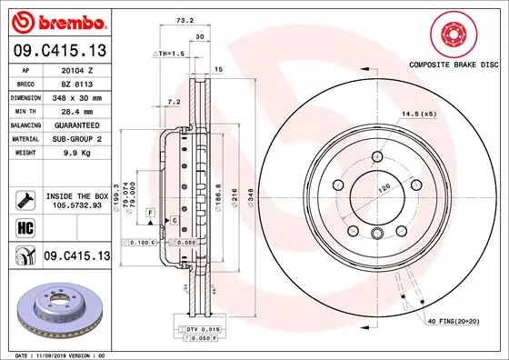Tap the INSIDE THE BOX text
(75, 196)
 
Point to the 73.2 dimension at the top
(185, 19)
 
